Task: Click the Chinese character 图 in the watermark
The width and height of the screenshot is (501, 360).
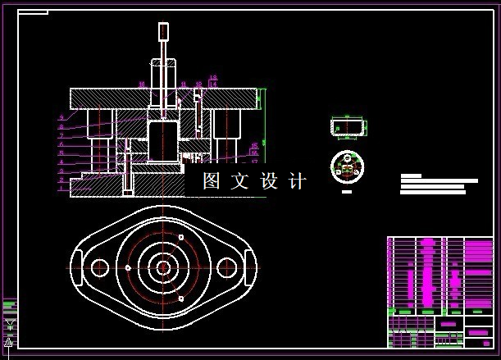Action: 212,181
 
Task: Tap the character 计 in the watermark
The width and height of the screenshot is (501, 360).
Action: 298,181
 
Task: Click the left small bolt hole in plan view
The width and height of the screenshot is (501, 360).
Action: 100,267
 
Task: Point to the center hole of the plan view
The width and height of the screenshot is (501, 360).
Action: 162,267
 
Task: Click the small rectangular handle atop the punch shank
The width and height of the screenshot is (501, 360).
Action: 163,32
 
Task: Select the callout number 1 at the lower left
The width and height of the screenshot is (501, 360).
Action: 61,189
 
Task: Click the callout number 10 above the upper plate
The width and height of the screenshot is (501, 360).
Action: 141,84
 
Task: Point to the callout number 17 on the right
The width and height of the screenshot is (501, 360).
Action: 254,162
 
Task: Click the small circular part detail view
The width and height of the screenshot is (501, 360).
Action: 347,166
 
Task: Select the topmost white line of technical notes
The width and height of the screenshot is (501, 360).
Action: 411,175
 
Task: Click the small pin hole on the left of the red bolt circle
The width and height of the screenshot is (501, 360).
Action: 129,267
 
